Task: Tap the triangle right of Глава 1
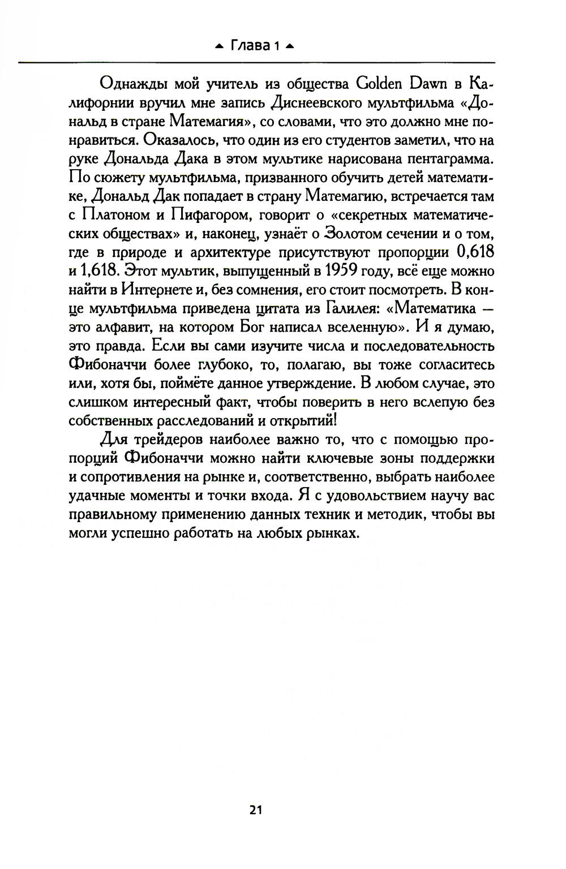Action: click(x=290, y=46)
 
